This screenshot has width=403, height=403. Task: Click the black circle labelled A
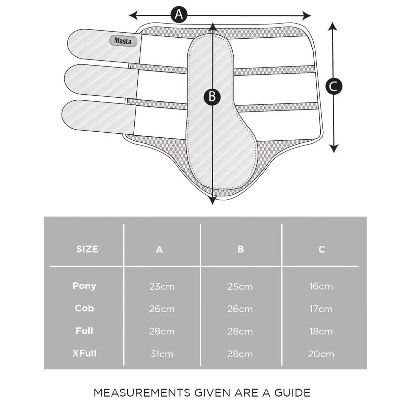pyautogui.click(x=179, y=14)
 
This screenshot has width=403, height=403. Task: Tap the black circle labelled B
pyautogui.click(x=212, y=97)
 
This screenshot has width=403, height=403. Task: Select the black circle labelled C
pyautogui.click(x=334, y=86)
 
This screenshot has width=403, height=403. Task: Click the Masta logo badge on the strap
pyautogui.click(x=123, y=41)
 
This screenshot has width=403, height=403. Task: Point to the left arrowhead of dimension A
pyautogui.click(x=133, y=15)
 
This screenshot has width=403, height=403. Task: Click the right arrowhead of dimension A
pyautogui.click(x=307, y=15)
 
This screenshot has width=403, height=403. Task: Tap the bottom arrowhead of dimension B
pyautogui.click(x=212, y=200)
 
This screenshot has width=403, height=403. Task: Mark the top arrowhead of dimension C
pyautogui.click(x=332, y=26)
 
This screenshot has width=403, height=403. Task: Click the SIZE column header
pyautogui.click(x=87, y=249)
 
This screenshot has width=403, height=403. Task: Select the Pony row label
pyautogui.click(x=85, y=286)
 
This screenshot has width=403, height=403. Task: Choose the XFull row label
pyautogui.click(x=85, y=353)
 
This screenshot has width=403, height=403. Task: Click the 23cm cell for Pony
pyautogui.click(x=162, y=286)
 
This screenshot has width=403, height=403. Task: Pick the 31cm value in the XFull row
pyautogui.click(x=162, y=354)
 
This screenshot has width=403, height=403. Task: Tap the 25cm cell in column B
pyautogui.click(x=240, y=286)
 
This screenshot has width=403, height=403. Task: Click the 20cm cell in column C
pyautogui.click(x=321, y=354)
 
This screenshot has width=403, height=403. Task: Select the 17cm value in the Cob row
pyautogui.click(x=321, y=309)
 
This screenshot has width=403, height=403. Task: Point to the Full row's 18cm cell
pyautogui.click(x=321, y=331)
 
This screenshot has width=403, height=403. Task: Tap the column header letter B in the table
pyautogui.click(x=241, y=249)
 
